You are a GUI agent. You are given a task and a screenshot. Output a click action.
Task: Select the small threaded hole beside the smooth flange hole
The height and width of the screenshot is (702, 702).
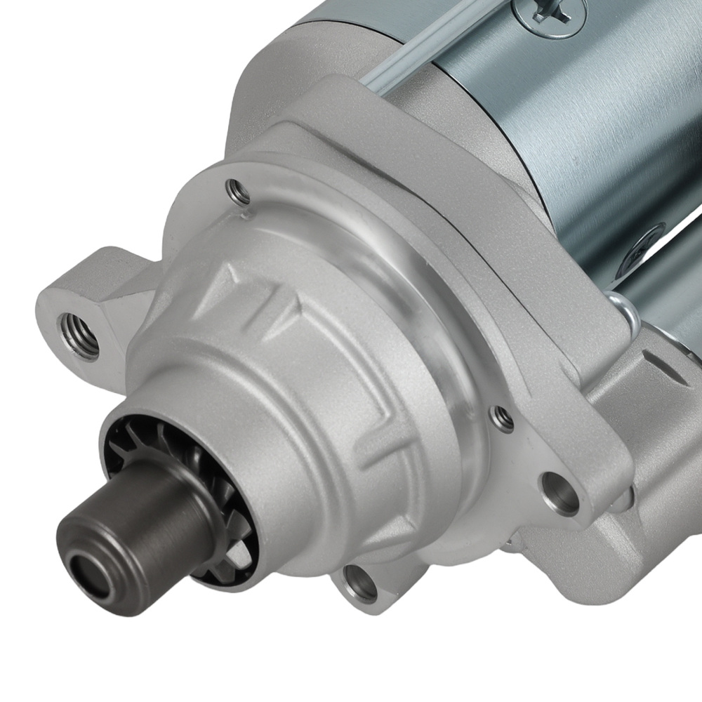tap(502, 418)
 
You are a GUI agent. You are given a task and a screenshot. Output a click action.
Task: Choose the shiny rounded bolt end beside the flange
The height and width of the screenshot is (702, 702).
tap(621, 309)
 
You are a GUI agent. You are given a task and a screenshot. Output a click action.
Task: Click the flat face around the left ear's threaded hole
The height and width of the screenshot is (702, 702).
tap(56, 309)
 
